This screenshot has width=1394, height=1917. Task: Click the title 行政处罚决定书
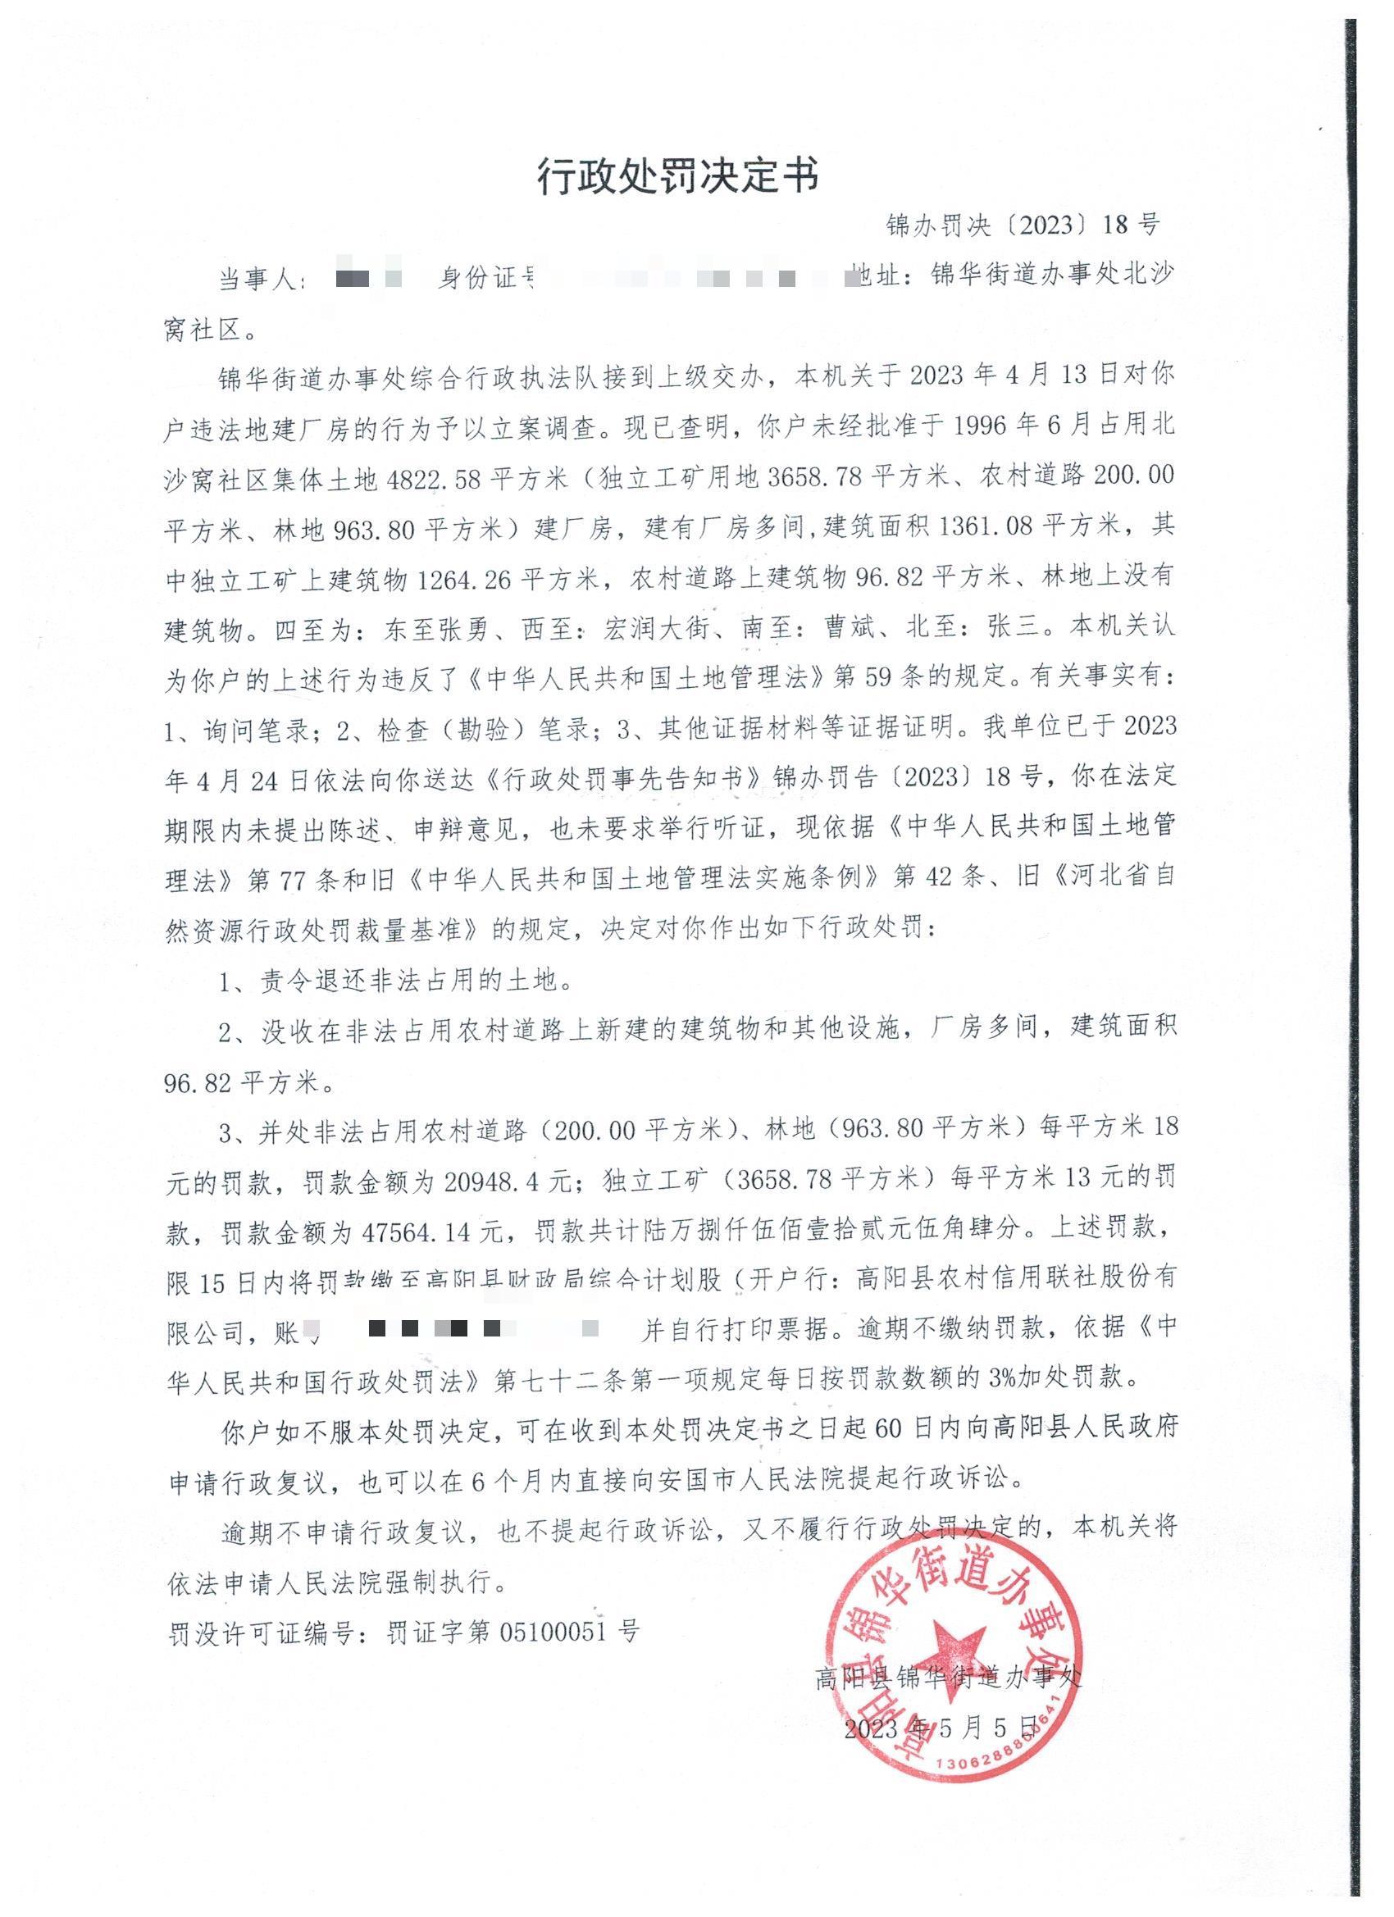point(678,177)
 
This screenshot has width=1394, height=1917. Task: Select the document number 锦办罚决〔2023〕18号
point(1023,225)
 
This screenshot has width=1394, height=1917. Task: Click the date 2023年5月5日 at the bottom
point(940,1726)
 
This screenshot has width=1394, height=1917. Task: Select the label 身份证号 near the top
point(487,278)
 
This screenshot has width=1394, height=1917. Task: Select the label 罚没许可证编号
point(259,1632)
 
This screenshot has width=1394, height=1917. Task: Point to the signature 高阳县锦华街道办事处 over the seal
point(948,1677)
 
